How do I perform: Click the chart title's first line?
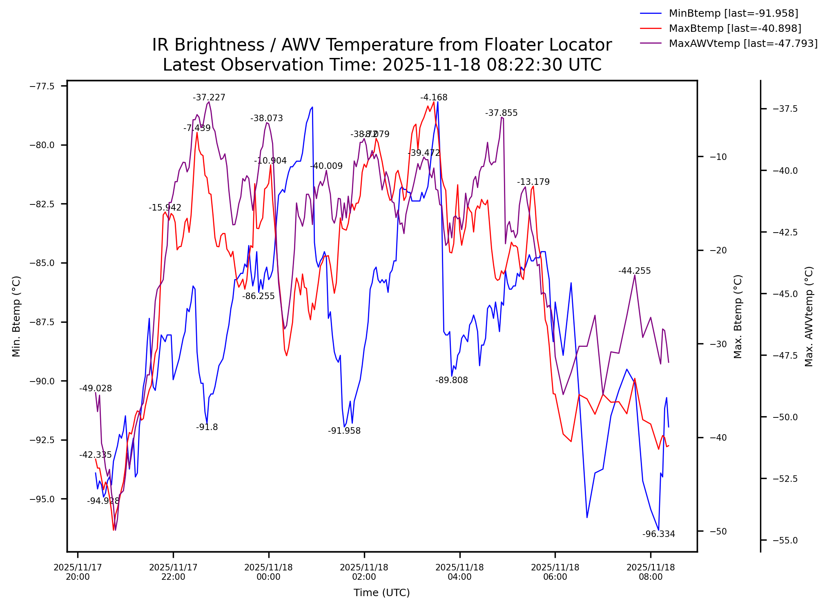coord(382,45)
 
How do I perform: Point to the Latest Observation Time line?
coord(382,65)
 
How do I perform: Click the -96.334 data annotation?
coord(658,534)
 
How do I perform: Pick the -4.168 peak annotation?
coord(434,98)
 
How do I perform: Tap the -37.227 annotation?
coord(209,98)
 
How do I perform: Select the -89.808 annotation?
coord(451,380)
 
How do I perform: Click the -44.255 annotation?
coord(634,271)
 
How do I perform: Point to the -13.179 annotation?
coord(533,182)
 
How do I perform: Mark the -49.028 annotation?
coord(95,388)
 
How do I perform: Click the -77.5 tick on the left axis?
coord(42,86)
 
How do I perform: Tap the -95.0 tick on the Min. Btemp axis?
coord(42,499)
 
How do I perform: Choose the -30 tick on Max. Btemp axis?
coord(718,344)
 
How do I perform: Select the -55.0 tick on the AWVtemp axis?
coord(785,540)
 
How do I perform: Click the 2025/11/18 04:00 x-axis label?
coord(459,572)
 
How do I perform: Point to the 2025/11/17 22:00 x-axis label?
coord(173,572)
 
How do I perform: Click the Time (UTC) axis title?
coord(381,593)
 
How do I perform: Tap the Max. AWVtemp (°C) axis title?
coord(809,317)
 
